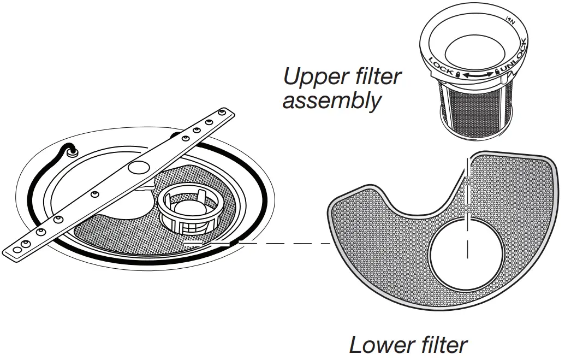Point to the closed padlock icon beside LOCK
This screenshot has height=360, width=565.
457,72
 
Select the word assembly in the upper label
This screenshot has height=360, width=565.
331,102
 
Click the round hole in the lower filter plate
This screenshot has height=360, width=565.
467,256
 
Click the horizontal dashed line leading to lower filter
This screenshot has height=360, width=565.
284,243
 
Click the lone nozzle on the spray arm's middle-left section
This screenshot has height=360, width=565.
95,193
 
